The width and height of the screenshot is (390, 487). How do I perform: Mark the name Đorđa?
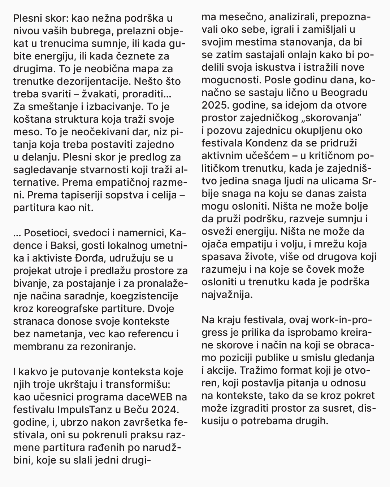105,258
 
